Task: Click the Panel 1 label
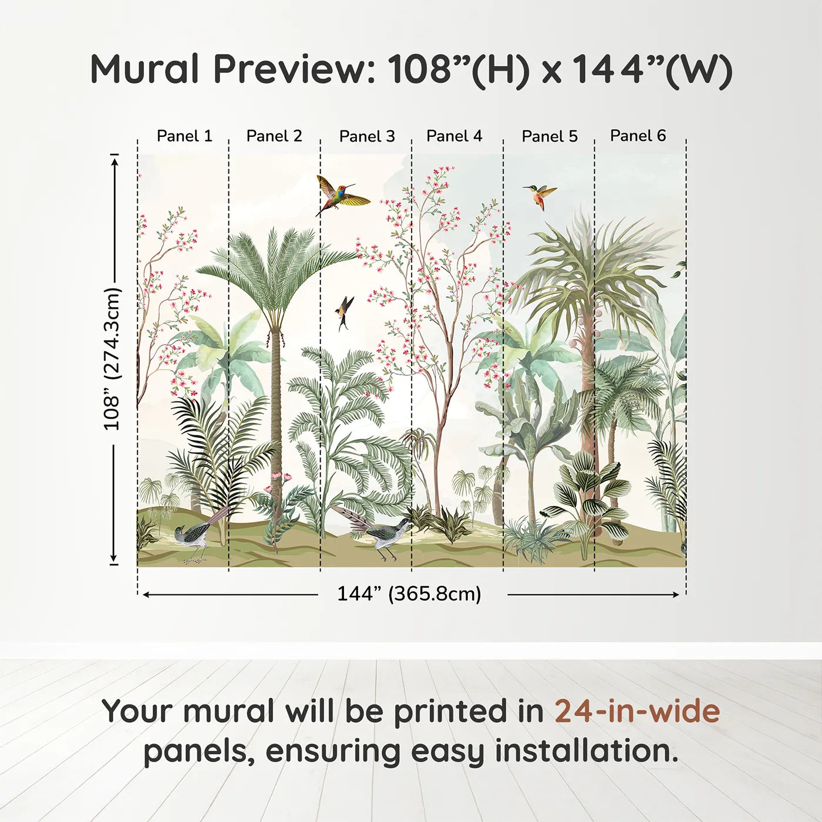[x=184, y=136]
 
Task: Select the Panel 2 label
[x=274, y=136]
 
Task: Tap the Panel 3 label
[x=368, y=136]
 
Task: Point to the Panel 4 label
[x=454, y=136]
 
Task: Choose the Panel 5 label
[x=550, y=136]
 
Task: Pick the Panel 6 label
[x=638, y=136]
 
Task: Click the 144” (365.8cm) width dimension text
[x=409, y=594]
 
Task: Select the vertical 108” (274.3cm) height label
[x=112, y=359]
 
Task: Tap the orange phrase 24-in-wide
[x=637, y=711]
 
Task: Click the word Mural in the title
[x=145, y=69]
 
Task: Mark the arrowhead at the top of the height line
[x=114, y=161]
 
